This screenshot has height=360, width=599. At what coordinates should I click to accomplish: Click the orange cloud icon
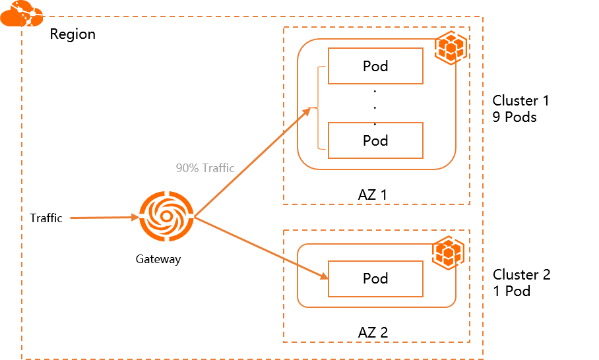[x=21, y=14]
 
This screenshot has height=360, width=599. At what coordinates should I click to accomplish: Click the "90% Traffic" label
[x=205, y=168]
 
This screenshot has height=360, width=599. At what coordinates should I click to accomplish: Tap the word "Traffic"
[x=218, y=168]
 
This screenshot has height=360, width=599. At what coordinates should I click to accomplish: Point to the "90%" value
[x=187, y=168]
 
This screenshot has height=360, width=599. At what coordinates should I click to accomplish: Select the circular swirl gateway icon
[x=166, y=216]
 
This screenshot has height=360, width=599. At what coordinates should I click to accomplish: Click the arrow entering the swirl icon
[x=102, y=217]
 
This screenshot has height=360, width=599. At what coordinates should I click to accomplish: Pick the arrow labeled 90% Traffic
[x=251, y=162]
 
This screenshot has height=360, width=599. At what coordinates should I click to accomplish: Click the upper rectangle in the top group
[x=375, y=66]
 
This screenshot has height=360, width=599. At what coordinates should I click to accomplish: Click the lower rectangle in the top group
[x=375, y=140]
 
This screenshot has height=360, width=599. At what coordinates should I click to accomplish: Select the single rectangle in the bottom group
[x=375, y=279]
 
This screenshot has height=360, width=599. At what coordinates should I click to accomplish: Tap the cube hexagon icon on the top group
[x=451, y=48]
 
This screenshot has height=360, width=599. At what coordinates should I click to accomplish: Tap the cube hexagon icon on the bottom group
[x=449, y=253]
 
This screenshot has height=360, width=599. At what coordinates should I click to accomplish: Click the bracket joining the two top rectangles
[x=319, y=107]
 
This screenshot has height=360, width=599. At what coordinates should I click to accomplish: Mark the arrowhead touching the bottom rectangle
[x=324, y=276]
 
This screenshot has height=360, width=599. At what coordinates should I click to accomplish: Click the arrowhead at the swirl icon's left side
[x=135, y=217]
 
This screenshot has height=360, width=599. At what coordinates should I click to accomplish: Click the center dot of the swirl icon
[x=166, y=216]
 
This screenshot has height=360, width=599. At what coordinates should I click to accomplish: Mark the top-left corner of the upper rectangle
[x=329, y=48]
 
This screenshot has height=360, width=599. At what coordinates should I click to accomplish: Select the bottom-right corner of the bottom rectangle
[x=423, y=297]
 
